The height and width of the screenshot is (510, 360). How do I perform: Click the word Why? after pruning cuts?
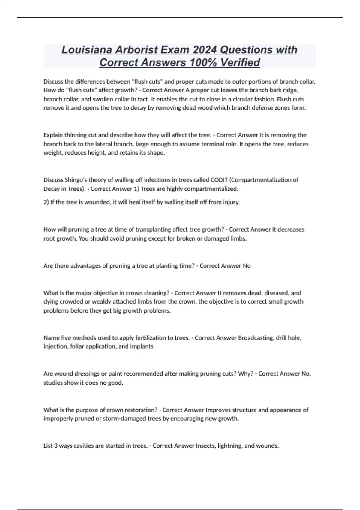[x=246, y=374]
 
